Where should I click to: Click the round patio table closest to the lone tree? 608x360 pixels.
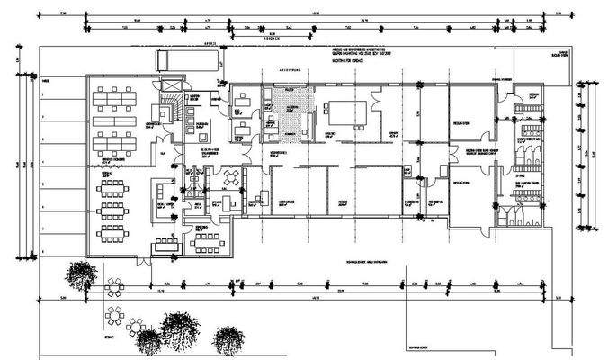click(x=114, y=288)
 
